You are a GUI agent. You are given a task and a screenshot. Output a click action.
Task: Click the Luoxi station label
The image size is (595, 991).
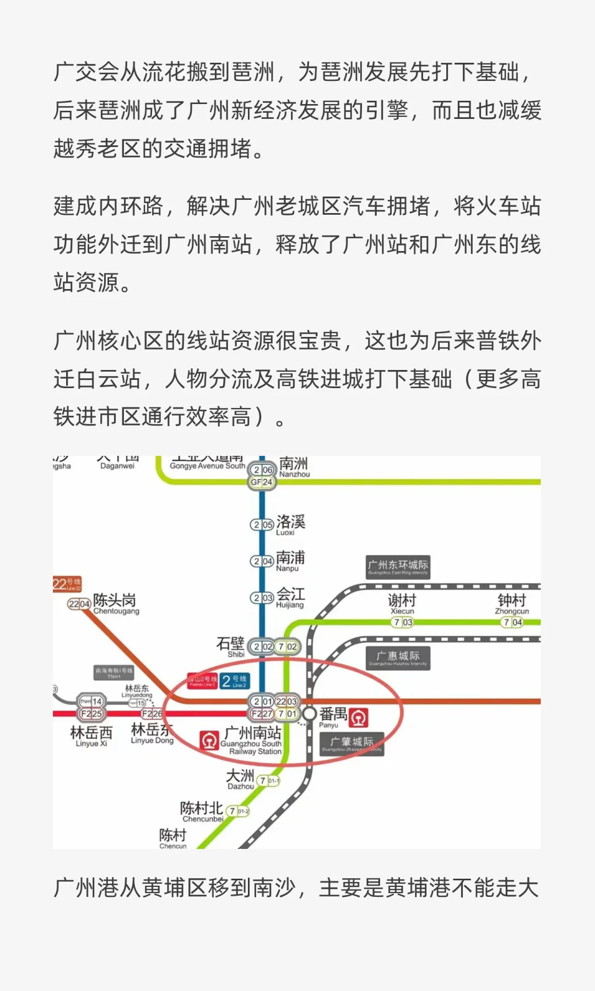(290, 524)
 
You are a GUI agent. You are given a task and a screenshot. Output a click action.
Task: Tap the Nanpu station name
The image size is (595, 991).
(290, 560)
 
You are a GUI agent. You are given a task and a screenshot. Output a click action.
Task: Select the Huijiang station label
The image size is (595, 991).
(290, 597)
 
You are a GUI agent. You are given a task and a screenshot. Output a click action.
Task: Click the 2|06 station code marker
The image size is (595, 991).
(262, 470)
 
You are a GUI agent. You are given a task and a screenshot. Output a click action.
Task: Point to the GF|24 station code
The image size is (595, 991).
(262, 482)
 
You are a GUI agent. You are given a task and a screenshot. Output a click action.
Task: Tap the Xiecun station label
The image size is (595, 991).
(402, 603)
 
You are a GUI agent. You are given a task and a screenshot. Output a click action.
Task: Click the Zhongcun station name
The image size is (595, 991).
(512, 603)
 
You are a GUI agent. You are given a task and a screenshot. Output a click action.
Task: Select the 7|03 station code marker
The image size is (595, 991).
(403, 622)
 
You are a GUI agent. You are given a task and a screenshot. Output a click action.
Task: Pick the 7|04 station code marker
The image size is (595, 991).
(512, 622)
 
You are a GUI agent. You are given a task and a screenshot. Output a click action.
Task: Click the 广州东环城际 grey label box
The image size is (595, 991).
(398, 567)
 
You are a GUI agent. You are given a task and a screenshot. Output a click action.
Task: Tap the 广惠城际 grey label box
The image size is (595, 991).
(398, 657)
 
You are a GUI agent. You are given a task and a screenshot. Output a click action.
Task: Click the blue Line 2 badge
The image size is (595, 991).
(235, 682)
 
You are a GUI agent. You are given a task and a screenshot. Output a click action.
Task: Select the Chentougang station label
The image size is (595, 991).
(116, 603)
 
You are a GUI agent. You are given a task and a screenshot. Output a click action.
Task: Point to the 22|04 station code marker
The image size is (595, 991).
(79, 604)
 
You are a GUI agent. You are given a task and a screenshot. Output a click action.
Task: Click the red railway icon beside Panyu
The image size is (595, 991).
(359, 717)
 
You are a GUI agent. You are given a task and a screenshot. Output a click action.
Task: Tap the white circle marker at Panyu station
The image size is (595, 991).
(310, 714)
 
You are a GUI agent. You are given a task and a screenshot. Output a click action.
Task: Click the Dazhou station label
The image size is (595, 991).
(241, 779)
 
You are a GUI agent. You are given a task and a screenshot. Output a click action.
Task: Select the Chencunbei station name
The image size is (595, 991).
(202, 812)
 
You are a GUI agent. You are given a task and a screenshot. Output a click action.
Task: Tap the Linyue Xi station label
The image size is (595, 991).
(91, 736)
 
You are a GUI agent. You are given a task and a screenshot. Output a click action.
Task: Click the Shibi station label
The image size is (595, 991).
(231, 647)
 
